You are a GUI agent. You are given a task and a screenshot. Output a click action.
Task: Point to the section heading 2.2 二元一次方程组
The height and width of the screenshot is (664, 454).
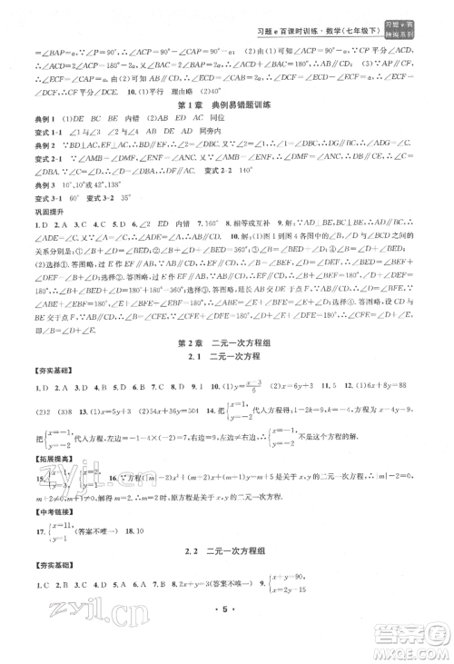pyautogui.click(x=227, y=574)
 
